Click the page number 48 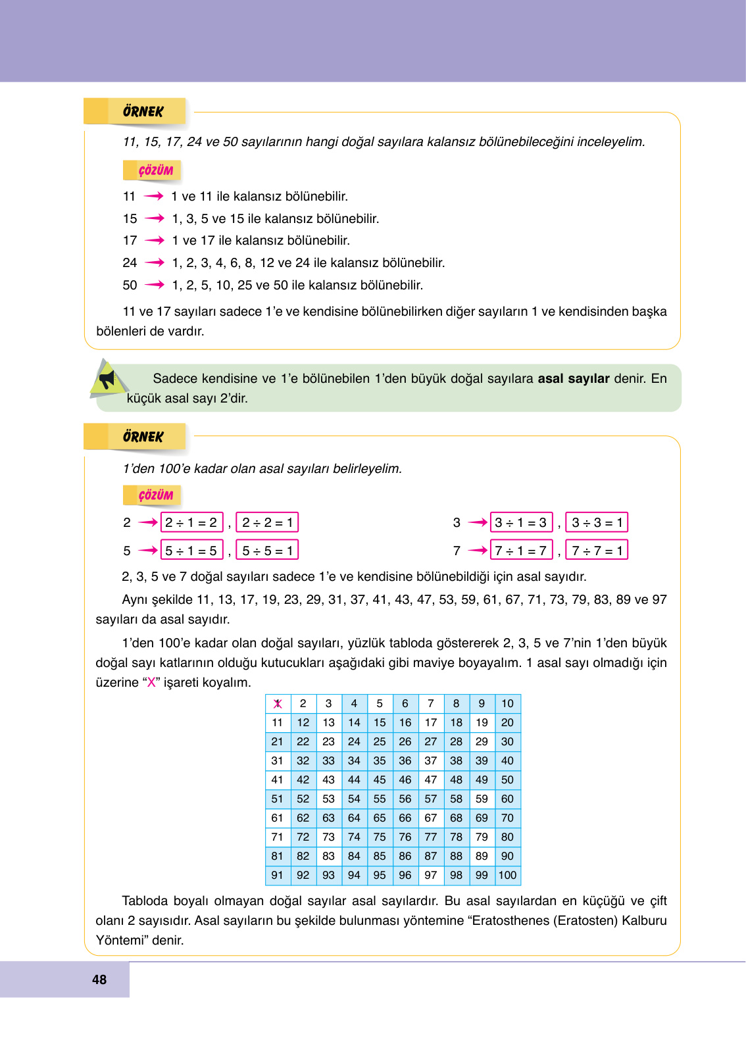[99, 979]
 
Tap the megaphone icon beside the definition [106, 380]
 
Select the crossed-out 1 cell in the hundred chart [278, 704]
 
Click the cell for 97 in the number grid [431, 876]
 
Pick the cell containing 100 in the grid [507, 876]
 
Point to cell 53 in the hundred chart [328, 799]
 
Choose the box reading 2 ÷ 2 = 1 [267, 522]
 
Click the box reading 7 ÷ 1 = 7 [521, 551]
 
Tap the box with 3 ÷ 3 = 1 [597, 522]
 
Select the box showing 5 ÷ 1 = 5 [191, 551]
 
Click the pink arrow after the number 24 [155, 262]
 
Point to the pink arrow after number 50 [155, 285]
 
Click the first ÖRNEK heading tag [143, 112]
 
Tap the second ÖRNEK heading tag [143, 437]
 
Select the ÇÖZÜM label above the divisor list [156, 171]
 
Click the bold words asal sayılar [574, 378]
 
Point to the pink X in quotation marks [151, 682]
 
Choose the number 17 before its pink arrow [130, 241]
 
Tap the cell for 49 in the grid [482, 780]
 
